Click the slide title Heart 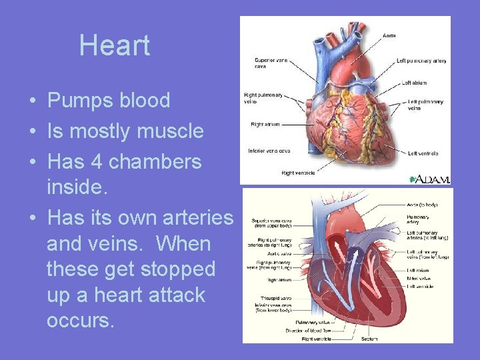coord(115,45)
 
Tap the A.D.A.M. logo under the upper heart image coord(430,179)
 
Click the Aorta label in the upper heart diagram coord(389,35)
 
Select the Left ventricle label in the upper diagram coord(423,153)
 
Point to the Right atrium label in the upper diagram coord(265,124)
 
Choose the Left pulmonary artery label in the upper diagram coord(421,61)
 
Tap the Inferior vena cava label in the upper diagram coord(268,150)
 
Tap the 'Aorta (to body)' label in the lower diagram coord(422,203)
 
